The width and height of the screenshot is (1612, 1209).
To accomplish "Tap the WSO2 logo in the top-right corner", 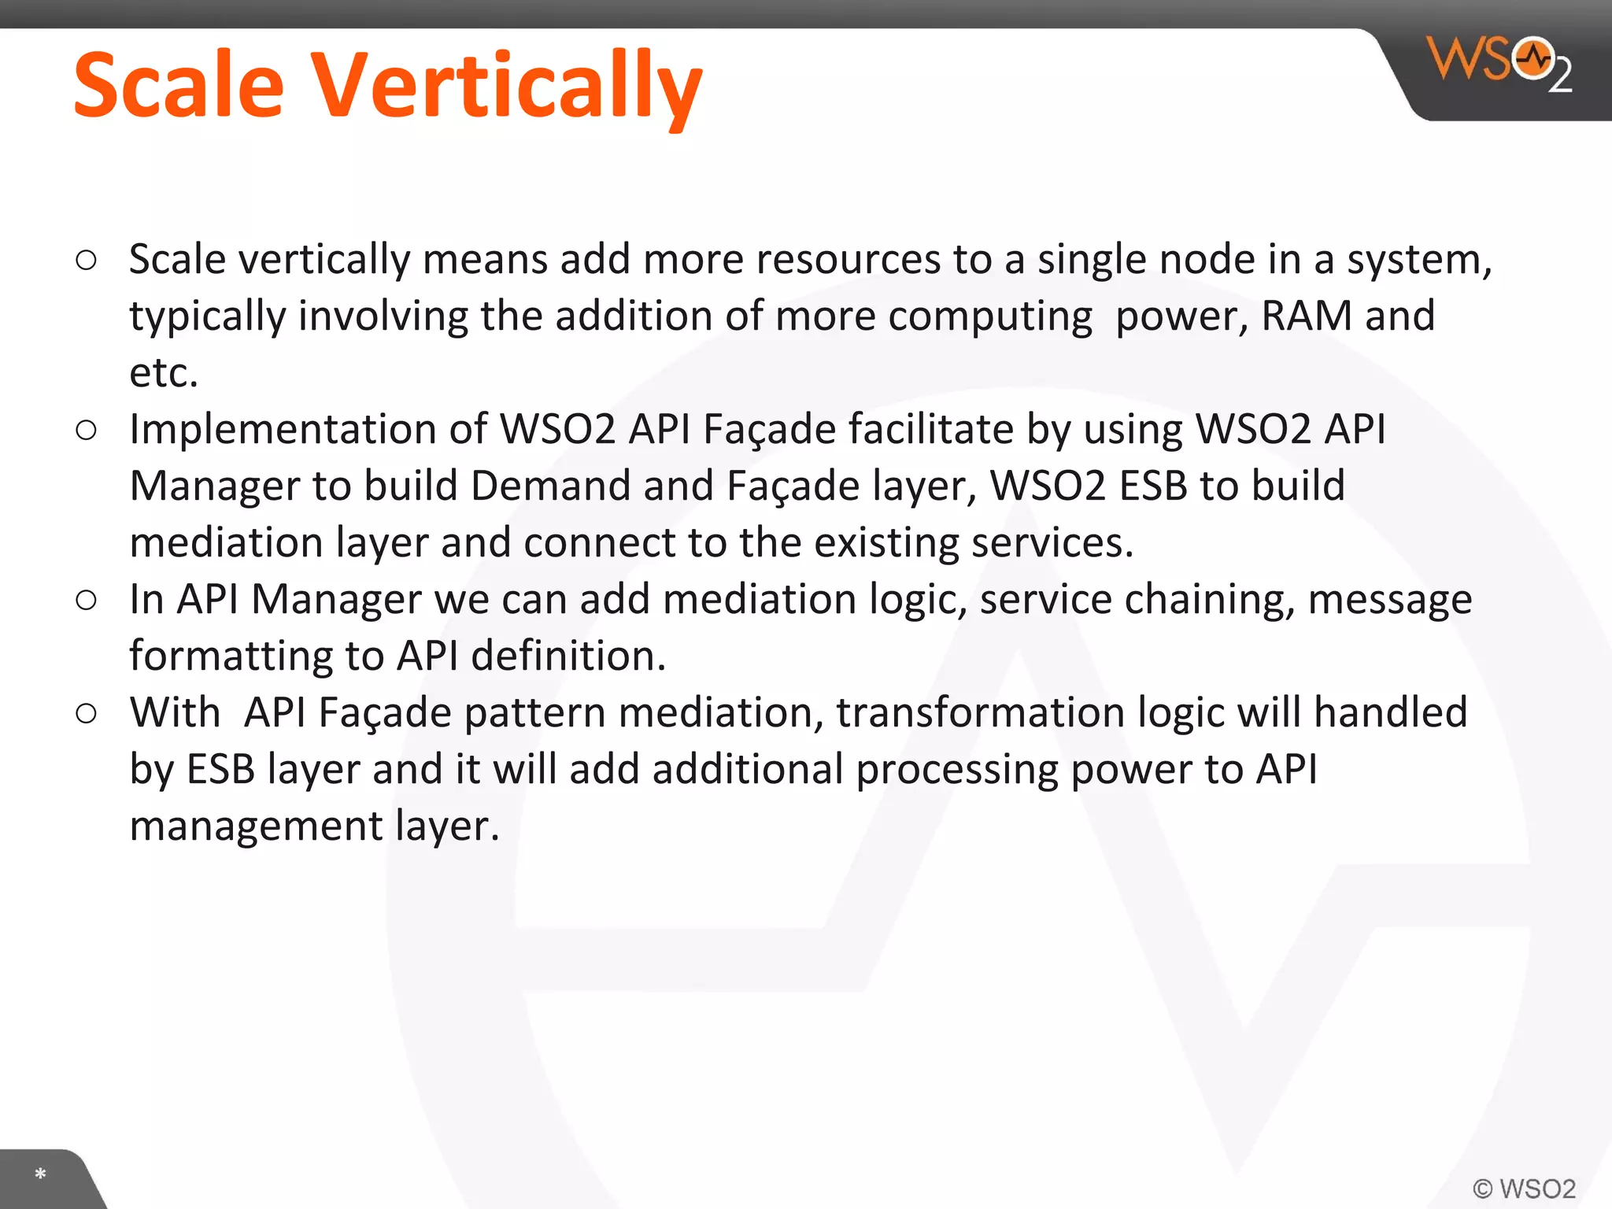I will [1500, 63].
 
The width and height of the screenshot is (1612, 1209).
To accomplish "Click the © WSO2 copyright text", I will [1524, 1188].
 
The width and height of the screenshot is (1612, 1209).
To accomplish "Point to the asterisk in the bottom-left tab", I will [40, 1174].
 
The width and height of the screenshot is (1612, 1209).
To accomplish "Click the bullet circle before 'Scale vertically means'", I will [87, 260].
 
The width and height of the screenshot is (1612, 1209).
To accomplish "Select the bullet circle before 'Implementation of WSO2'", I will [87, 430].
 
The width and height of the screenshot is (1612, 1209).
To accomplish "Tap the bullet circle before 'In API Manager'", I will [87, 600].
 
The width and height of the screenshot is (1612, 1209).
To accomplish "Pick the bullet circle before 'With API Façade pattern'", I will [87, 713].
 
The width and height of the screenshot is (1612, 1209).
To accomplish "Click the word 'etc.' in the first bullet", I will [163, 372].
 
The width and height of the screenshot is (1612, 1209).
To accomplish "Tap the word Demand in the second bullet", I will [550, 486].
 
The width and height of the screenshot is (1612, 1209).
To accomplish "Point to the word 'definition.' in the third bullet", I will [568, 656].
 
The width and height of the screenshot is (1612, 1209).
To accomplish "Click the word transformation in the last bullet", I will [980, 712].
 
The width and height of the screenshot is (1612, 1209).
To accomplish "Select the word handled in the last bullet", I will [1390, 712].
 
